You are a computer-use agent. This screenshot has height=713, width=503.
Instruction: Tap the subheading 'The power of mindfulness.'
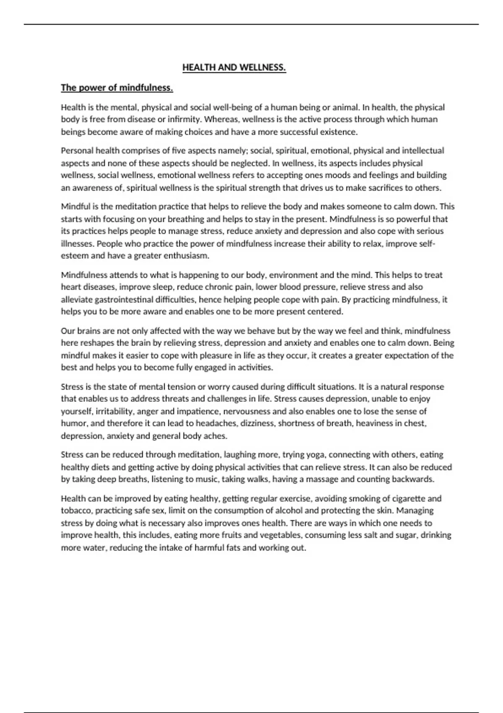coord(117,88)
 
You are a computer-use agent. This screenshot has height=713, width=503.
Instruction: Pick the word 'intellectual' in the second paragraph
coord(423,151)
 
